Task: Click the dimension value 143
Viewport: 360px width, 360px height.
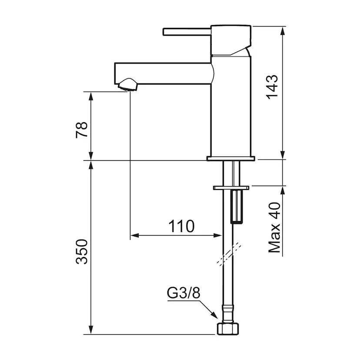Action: (x=272, y=87)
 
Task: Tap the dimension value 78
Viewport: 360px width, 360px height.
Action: (x=82, y=130)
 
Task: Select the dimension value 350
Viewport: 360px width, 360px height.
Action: (x=82, y=251)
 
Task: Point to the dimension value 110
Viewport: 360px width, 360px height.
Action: (x=181, y=226)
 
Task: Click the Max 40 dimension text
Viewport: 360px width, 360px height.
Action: (x=274, y=227)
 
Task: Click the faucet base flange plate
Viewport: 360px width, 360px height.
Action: (x=231, y=159)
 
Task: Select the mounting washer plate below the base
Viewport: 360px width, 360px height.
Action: (x=231, y=187)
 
